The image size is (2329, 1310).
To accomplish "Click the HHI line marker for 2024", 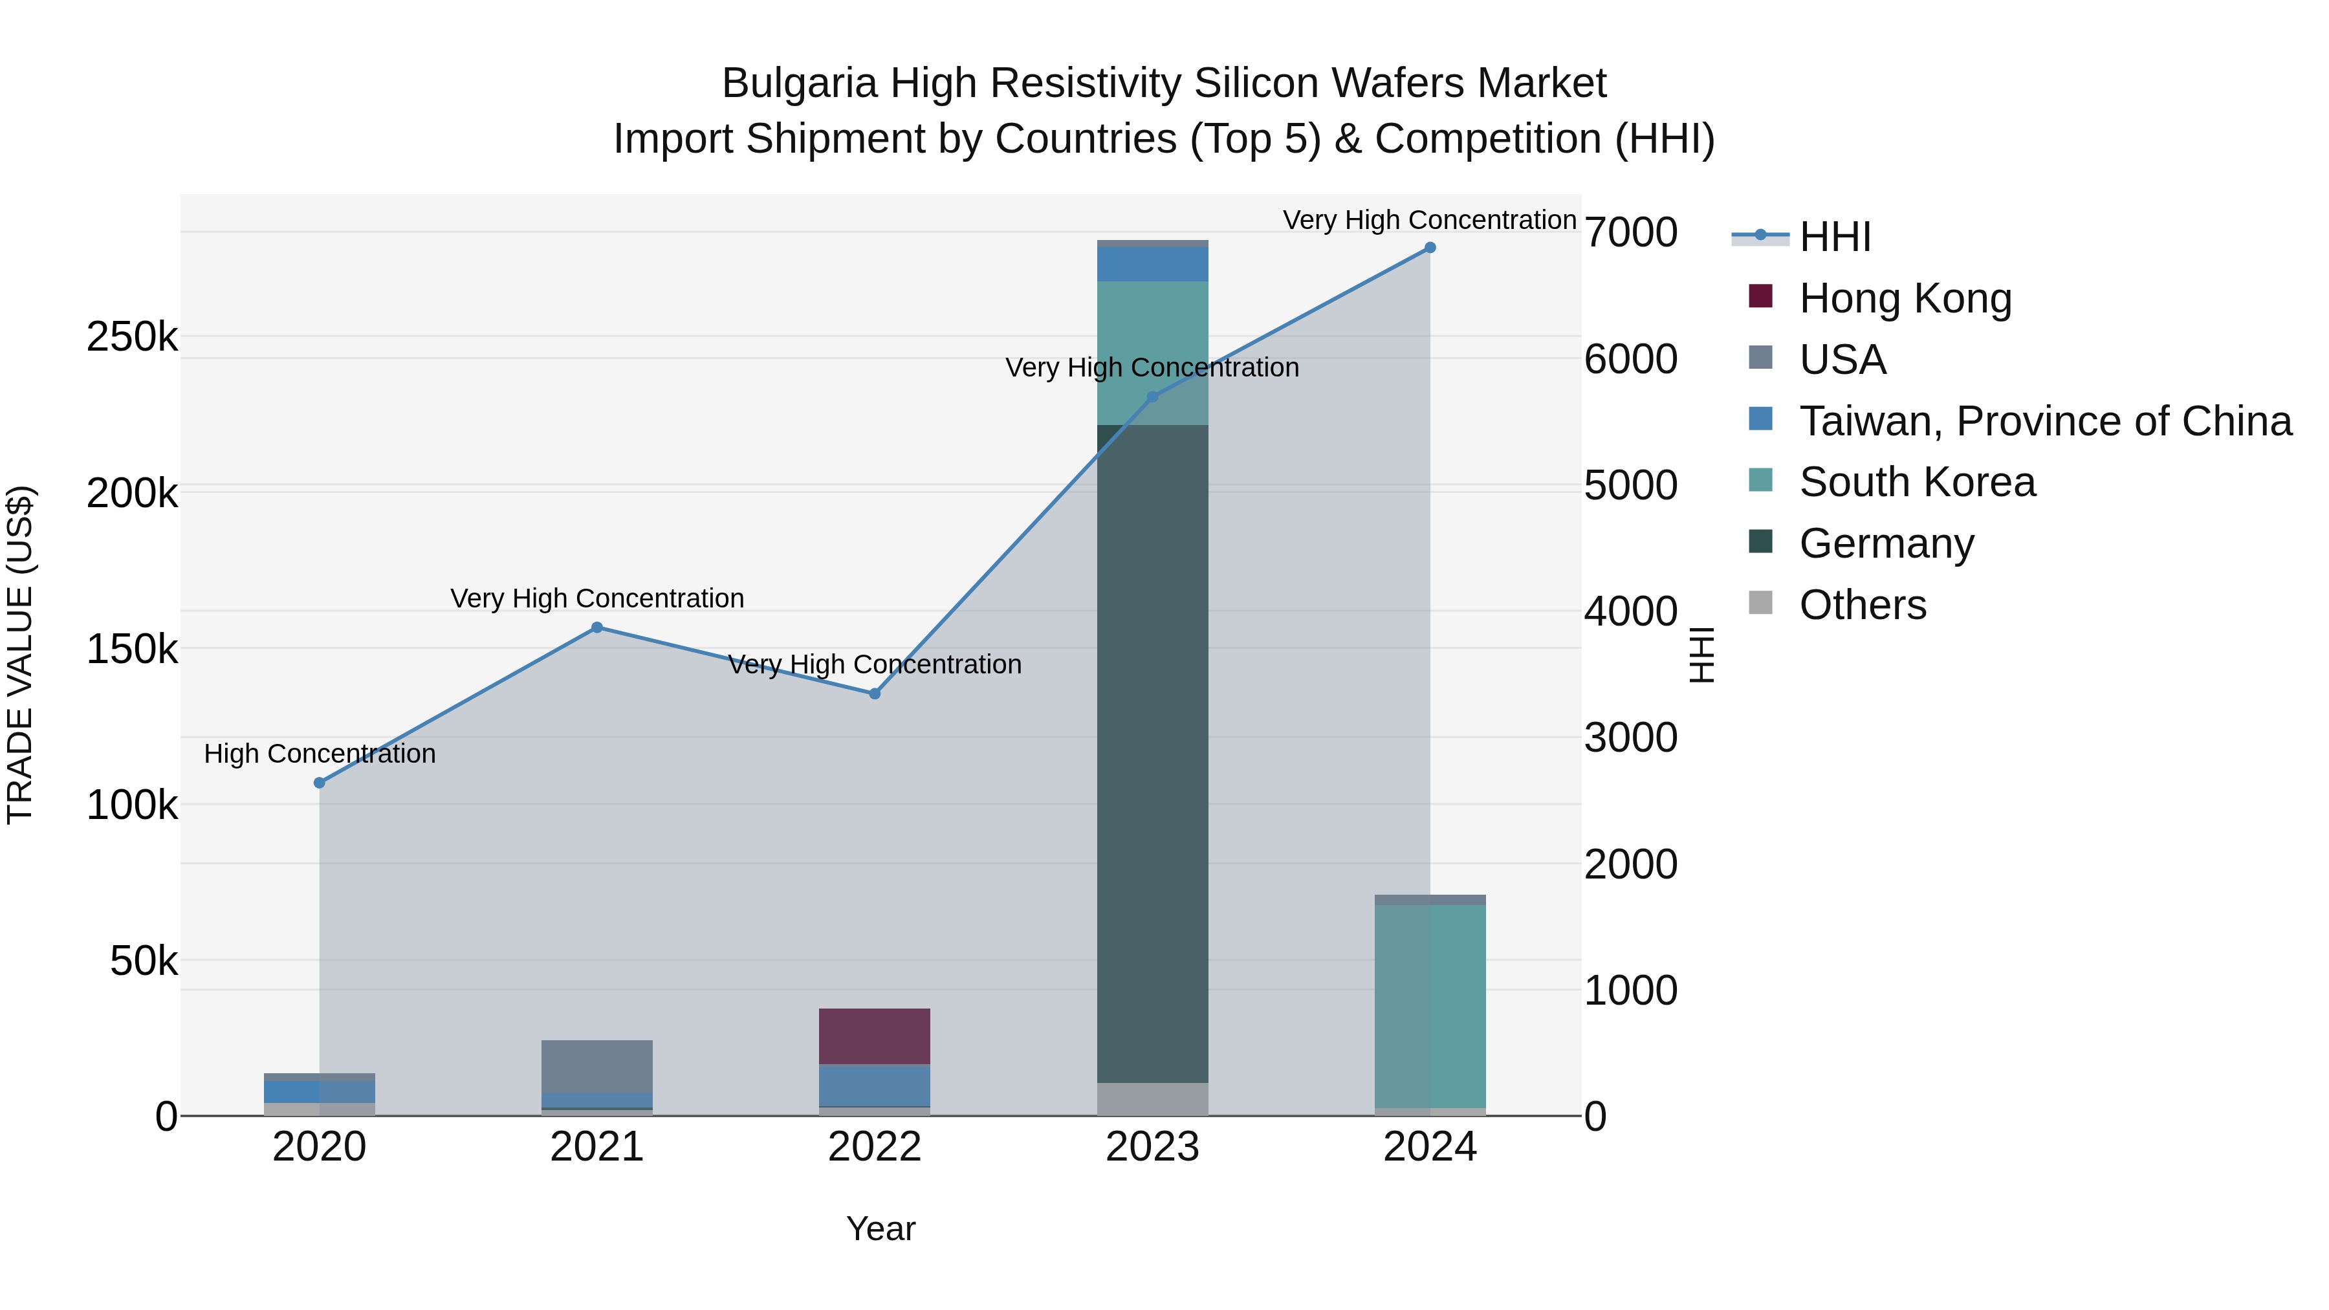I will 1429,248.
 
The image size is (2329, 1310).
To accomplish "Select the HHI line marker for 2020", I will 319,783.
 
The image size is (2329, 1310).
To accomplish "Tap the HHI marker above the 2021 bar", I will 596,628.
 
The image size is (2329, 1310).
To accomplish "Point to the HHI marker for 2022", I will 874,693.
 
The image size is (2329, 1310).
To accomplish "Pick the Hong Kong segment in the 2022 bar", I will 874,1036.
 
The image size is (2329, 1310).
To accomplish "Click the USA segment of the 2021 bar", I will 596,1065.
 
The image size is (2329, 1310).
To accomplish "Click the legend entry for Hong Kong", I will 1905,298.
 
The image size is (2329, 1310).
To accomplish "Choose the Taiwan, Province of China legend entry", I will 2045,421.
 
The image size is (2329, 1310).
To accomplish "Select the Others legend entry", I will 1863,605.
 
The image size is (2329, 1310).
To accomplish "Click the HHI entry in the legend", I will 1835,237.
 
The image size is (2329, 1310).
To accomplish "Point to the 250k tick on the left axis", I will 132,337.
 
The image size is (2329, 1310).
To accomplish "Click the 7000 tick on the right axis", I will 1630,232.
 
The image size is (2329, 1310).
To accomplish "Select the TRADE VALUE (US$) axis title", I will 20,655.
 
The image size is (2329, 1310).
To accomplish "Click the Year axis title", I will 880,1228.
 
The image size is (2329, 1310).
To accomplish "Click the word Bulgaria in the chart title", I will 799,83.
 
